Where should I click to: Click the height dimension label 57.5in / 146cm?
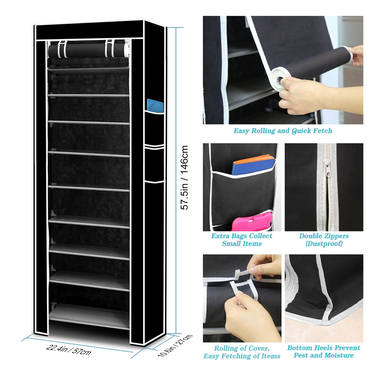pos(184,177)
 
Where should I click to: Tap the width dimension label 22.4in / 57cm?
pos(69,350)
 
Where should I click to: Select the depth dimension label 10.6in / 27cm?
pos(175,346)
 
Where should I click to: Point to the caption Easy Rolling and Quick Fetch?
pos(283,131)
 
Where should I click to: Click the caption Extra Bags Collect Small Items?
pos(242,240)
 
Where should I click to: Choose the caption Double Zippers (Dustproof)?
pos(324,240)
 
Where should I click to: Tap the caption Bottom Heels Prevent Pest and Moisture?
pos(324,352)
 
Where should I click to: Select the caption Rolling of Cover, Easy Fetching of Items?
pos(242,352)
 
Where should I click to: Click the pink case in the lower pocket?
pos(252,221)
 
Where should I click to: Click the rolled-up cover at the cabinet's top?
pos(88,50)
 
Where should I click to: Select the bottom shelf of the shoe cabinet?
pos(89,316)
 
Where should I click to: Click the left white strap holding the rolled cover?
pos(62,49)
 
